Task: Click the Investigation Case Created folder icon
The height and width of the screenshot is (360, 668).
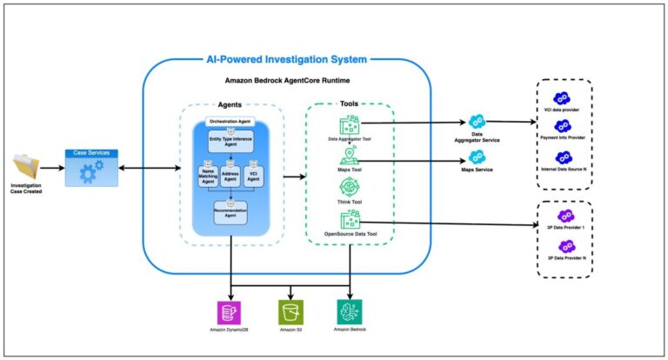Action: pos(25,168)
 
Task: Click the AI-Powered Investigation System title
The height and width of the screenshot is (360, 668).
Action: pos(285,58)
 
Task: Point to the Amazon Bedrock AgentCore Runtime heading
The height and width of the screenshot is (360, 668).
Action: pos(286,80)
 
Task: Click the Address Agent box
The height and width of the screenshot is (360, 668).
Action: pos(230,177)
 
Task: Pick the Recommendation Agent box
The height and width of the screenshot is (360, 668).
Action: pos(230,212)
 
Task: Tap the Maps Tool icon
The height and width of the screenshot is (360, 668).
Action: pos(350,156)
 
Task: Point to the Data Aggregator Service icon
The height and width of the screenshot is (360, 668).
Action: pos(477,123)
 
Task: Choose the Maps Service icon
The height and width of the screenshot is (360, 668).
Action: pos(477,157)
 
